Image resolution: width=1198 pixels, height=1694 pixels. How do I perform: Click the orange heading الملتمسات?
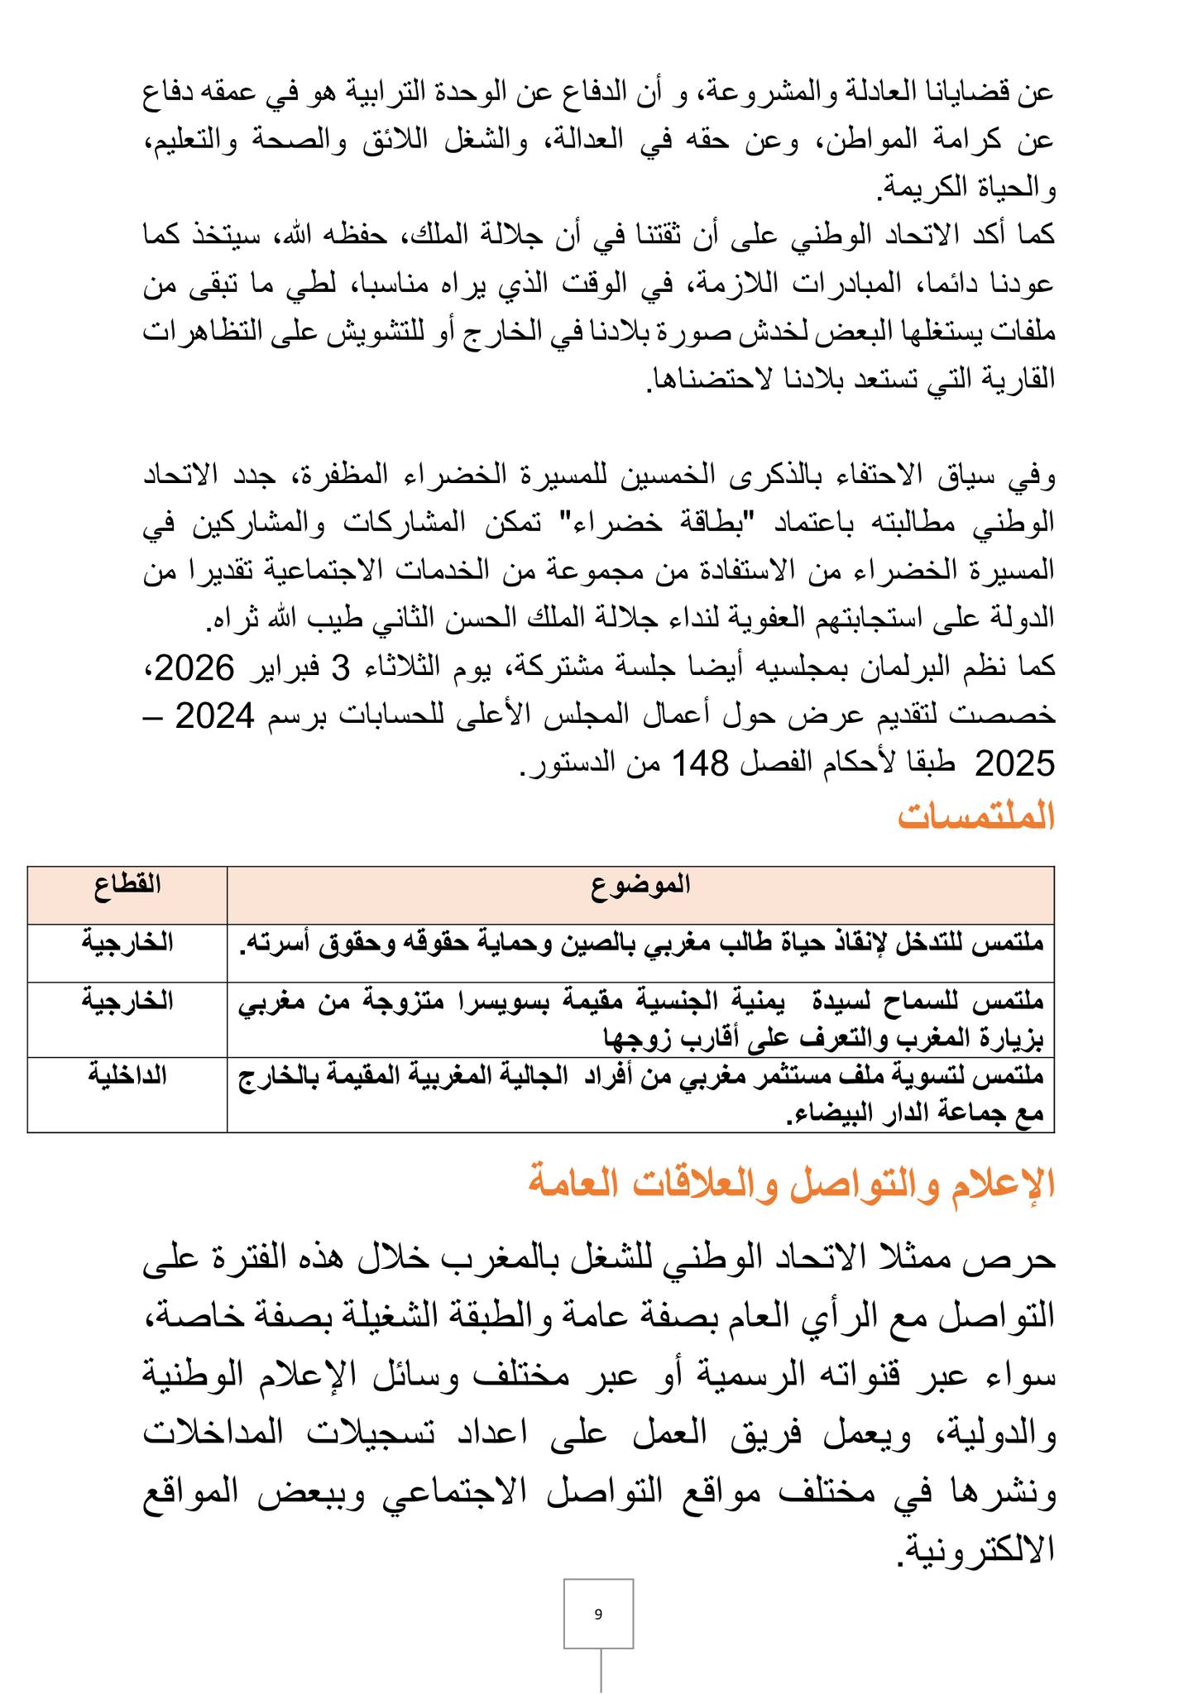[976, 817]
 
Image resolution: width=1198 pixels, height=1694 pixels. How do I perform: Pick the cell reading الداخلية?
[127, 1076]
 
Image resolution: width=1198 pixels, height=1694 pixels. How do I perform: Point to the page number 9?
[598, 1614]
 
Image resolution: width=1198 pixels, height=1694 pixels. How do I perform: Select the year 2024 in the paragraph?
[214, 716]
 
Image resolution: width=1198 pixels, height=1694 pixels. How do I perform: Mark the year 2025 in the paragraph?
[1015, 763]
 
